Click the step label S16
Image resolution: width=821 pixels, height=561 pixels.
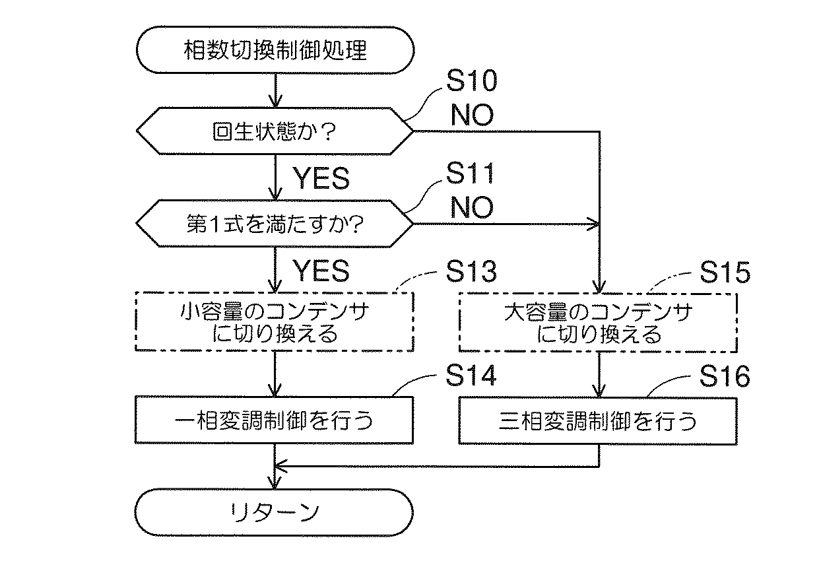point(725,376)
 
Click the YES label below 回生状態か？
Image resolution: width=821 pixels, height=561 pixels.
point(321,179)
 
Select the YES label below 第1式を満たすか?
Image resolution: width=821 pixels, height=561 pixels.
point(321,271)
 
